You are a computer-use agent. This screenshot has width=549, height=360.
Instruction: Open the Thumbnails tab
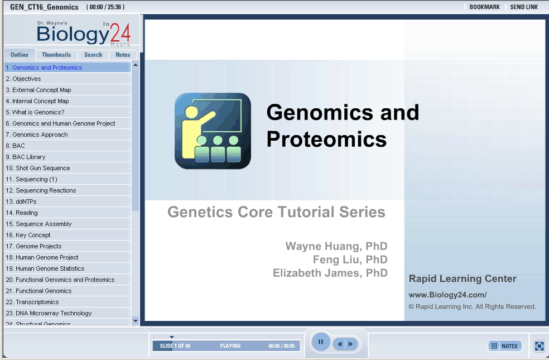point(56,55)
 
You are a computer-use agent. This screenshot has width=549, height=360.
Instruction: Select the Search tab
point(93,55)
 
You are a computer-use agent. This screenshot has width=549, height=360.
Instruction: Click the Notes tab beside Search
point(123,55)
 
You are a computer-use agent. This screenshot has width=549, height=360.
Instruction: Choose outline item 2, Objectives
point(23,79)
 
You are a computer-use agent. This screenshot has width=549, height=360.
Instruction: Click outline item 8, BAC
point(16,146)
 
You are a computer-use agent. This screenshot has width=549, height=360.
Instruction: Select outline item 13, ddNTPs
point(21,201)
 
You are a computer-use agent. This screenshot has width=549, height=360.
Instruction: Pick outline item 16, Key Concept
point(28,235)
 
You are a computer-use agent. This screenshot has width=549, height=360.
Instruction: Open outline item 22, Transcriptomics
point(32,302)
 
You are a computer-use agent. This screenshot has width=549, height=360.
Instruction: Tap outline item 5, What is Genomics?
point(35,112)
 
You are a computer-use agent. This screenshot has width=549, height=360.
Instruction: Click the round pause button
point(320,342)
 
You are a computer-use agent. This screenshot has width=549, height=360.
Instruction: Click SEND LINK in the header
point(524,7)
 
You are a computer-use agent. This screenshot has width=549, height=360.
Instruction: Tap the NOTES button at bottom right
point(505,346)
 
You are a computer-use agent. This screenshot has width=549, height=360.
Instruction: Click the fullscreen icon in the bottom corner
point(540,346)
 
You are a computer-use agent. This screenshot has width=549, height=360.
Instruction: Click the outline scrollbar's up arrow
point(136,65)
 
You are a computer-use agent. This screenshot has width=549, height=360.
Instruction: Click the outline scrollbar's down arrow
point(136,321)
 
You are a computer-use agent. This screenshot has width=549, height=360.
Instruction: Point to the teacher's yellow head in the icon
point(191,112)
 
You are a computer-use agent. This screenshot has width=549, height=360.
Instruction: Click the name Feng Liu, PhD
point(350,260)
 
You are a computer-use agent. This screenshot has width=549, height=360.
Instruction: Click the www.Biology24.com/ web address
point(447,295)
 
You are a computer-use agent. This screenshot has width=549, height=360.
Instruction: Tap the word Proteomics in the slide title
point(326,140)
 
